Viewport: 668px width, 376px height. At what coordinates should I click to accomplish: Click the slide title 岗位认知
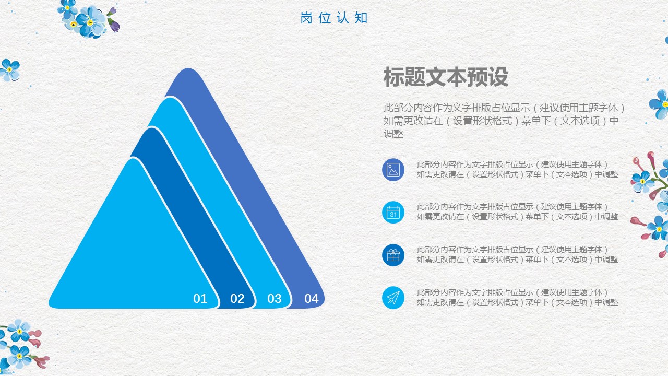coord(333,18)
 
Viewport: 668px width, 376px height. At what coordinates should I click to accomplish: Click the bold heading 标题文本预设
coord(446,77)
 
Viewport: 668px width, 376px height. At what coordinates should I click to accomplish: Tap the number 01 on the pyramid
coord(200,298)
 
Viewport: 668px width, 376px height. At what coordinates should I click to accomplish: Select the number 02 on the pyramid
coord(237,298)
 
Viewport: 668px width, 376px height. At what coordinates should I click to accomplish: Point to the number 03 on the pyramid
coord(275,298)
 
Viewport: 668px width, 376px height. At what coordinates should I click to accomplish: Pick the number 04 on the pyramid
coord(312,298)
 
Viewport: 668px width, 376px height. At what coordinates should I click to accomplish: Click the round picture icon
coord(393,170)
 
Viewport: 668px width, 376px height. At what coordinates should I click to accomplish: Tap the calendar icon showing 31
coord(393,213)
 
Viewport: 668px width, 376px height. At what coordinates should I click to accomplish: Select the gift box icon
coord(393,255)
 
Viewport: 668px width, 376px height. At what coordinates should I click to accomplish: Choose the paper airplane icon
coord(393,298)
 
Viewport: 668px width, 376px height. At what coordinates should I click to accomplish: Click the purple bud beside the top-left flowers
coord(113,21)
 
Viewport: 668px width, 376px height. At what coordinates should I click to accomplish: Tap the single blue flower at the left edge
coord(9,70)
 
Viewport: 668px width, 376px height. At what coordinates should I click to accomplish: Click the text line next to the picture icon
coord(517,169)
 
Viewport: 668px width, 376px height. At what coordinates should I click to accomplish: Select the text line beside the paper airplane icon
coord(517,297)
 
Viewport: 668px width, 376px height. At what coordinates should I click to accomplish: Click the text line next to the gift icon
coord(517,254)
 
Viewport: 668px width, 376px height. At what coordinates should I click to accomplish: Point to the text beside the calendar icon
coord(517,211)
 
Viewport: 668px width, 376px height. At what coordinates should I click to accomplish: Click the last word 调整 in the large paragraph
coord(393,134)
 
